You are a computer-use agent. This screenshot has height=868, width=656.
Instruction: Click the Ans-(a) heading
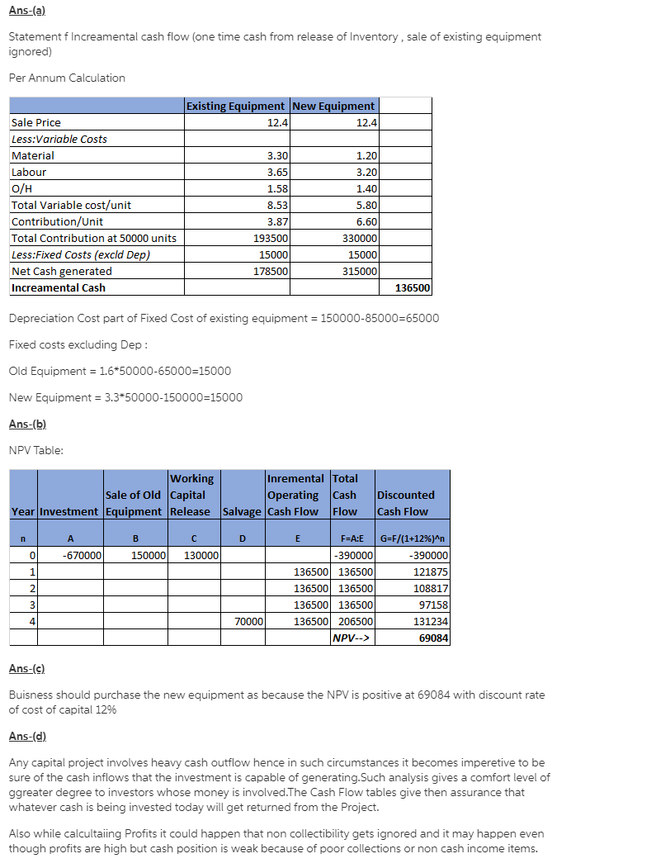tap(26, 11)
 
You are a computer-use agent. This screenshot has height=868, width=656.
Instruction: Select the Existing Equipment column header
tap(236, 106)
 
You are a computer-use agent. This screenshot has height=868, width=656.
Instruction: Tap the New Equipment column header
tap(333, 106)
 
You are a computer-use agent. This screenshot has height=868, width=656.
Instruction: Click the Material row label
tap(33, 155)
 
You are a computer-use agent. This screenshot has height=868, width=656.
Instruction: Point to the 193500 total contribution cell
tap(271, 238)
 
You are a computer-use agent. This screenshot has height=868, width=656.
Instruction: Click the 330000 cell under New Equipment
tap(360, 238)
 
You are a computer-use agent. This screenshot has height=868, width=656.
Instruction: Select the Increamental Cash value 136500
tap(413, 287)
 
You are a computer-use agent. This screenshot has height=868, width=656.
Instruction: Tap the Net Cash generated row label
tap(62, 271)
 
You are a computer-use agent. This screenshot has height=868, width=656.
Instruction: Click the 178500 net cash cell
tap(271, 271)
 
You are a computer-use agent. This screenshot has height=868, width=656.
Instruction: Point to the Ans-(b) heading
tap(26, 424)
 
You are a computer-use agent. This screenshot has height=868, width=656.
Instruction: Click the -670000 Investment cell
tap(82, 556)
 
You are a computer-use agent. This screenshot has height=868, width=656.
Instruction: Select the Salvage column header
tap(242, 511)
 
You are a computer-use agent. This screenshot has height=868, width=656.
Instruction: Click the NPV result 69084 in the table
tap(433, 638)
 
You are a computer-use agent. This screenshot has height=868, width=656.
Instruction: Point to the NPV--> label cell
tap(352, 638)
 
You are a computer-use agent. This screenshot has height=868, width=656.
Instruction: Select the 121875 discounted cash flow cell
tap(430, 572)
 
